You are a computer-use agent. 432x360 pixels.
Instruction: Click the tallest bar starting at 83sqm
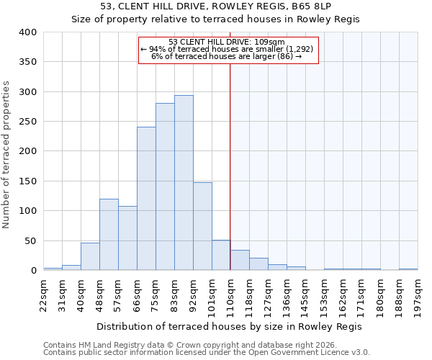(x=184, y=183)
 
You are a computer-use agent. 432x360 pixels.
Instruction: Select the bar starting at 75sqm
(x=165, y=186)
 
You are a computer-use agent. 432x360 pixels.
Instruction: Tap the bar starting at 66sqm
(x=146, y=199)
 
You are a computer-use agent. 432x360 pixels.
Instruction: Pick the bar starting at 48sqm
(x=109, y=235)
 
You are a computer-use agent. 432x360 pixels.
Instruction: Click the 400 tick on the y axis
(x=28, y=32)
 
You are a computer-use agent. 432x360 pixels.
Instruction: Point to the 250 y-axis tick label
(x=28, y=122)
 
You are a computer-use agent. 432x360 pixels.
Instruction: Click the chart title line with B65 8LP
(x=216, y=6)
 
